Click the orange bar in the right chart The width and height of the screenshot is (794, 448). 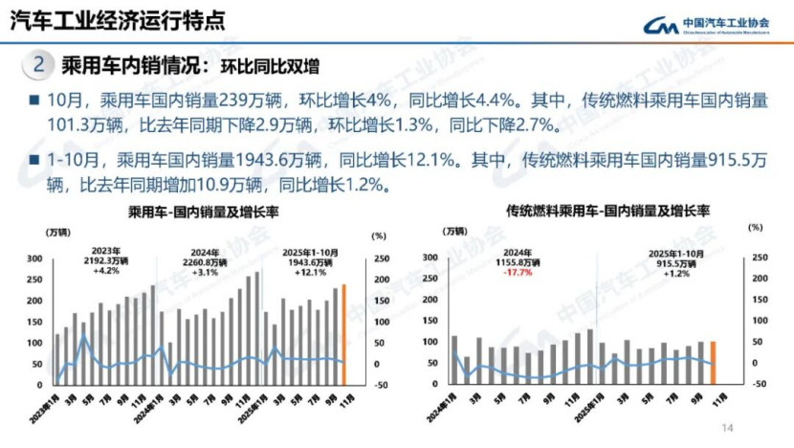click(712, 362)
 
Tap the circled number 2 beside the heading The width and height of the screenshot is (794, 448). click(37, 65)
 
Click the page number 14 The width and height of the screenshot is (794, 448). click(726, 427)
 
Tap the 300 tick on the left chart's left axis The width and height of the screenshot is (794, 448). click(61, 258)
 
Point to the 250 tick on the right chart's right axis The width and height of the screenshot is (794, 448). click(761, 258)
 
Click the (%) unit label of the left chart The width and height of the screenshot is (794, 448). click(378, 235)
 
